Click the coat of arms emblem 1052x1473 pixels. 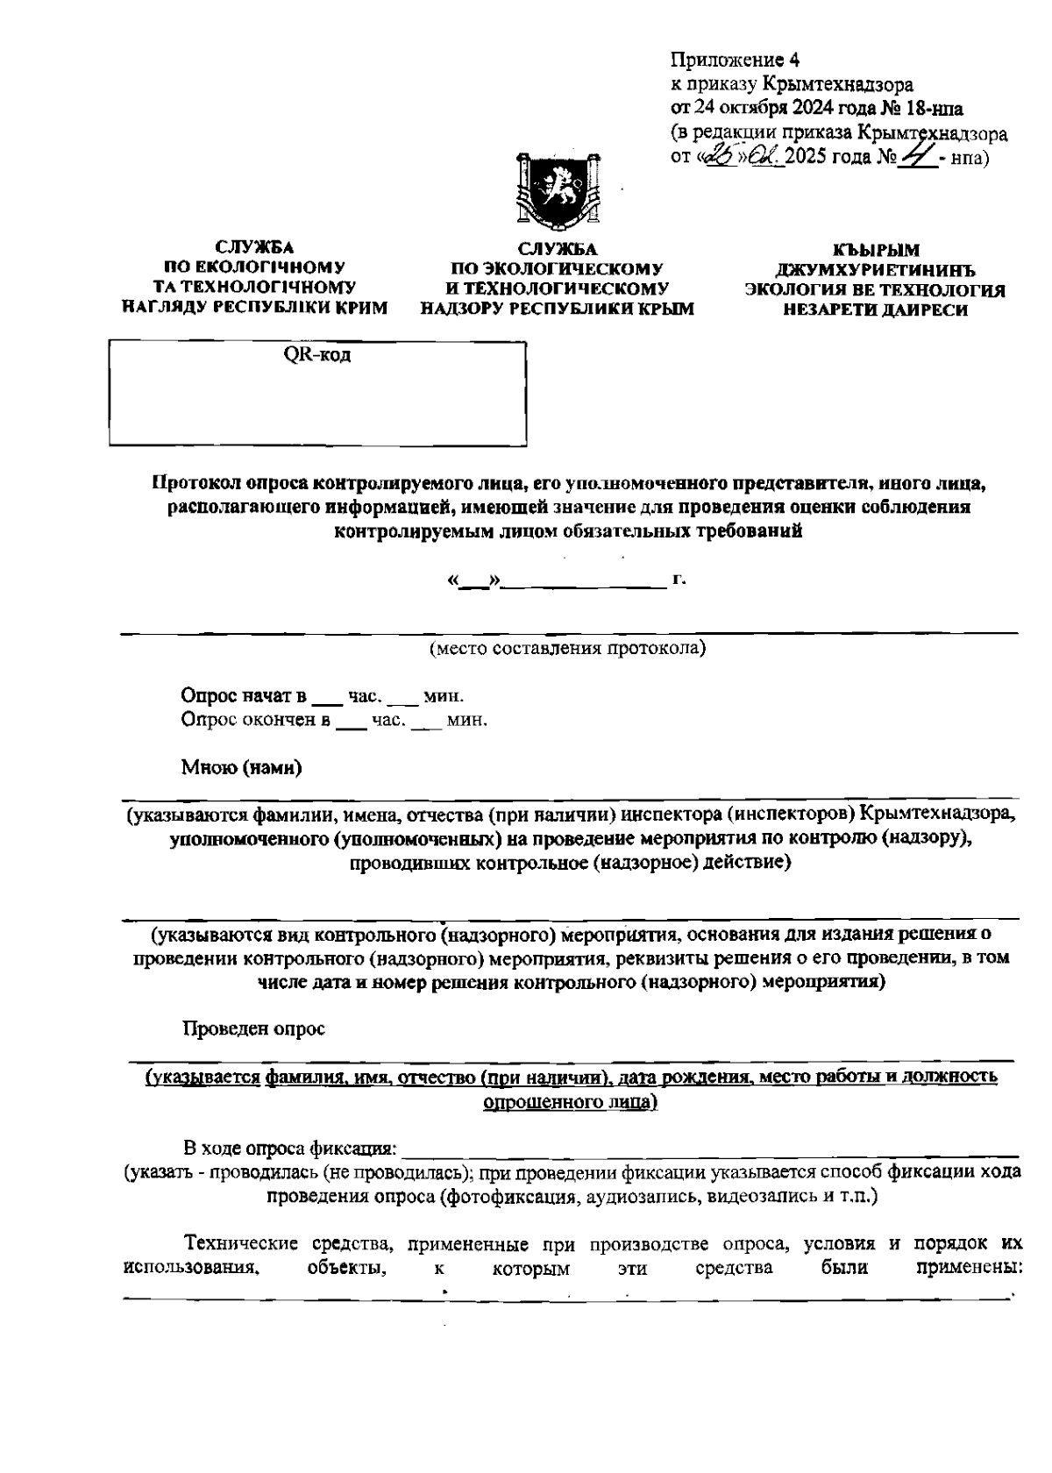[558, 188]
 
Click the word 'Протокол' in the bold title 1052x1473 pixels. [197, 482]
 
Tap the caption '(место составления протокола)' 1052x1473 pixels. [567, 649]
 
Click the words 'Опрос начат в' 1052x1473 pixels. [243, 696]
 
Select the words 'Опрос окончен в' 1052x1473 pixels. [255, 721]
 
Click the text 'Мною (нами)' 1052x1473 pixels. [241, 768]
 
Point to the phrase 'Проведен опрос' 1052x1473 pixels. [253, 1028]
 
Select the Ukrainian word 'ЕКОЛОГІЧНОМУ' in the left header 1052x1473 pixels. [254, 267]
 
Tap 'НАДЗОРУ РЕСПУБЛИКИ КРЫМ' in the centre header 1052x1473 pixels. [557, 309]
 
